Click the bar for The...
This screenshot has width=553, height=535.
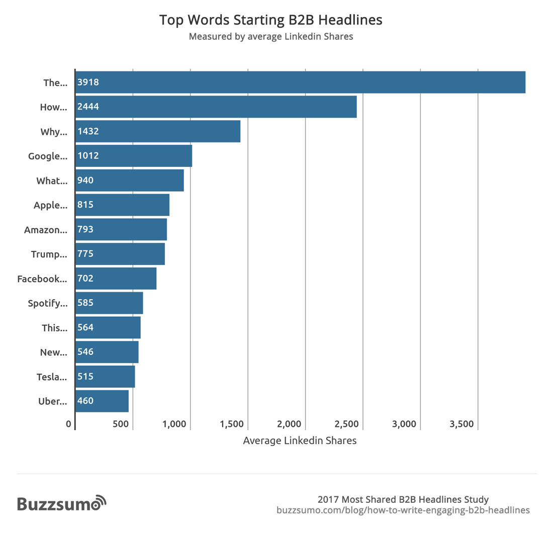tap(300, 82)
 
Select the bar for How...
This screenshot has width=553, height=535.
tap(216, 107)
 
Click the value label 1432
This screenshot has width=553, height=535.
tap(88, 131)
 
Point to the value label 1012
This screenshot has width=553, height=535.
tap(88, 156)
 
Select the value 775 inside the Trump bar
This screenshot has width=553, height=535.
tap(85, 254)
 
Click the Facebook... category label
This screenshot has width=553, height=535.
tap(42, 279)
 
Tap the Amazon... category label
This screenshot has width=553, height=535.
tap(45, 230)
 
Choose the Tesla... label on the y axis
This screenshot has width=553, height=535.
tap(51, 377)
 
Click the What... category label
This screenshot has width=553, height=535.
tap(51, 181)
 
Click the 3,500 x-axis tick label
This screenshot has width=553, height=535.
tap(462, 424)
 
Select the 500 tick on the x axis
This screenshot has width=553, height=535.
tap(121, 424)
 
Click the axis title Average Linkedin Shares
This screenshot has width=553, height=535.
tap(300, 440)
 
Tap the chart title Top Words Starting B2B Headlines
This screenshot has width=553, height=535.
tap(271, 20)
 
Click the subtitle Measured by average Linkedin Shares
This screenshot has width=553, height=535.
tap(271, 36)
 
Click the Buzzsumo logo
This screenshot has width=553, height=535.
tap(62, 503)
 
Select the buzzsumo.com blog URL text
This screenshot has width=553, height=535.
tap(403, 510)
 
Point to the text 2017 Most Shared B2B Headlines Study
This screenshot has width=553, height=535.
tap(403, 499)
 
